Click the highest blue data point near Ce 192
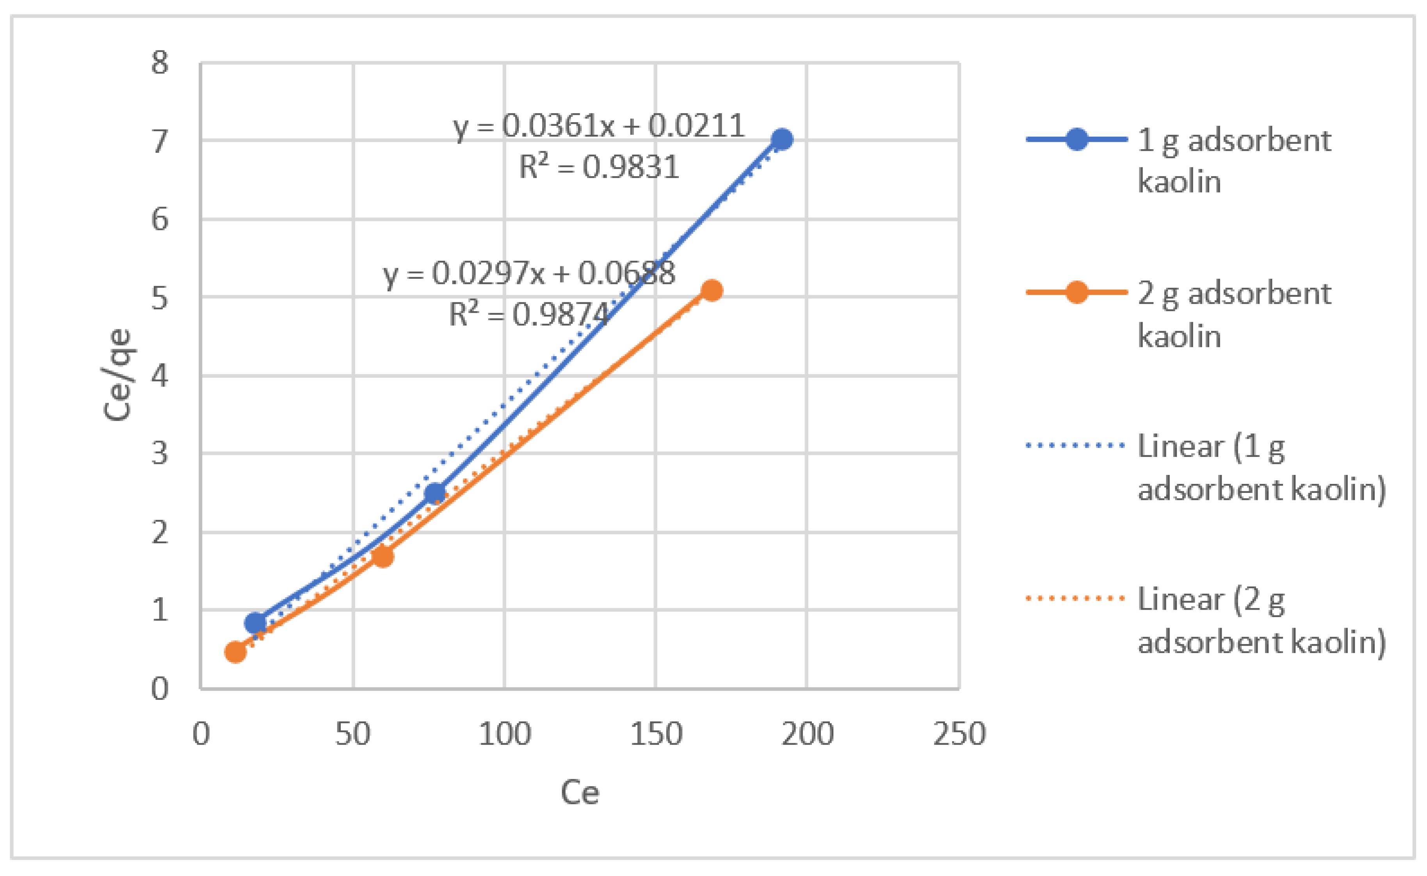(x=782, y=139)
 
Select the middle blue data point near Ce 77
(x=435, y=493)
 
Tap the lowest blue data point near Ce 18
(x=255, y=623)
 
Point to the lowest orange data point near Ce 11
(x=235, y=652)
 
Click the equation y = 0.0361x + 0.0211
(x=598, y=126)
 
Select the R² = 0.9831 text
(x=598, y=168)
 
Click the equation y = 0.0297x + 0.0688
(x=529, y=273)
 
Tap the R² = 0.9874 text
(x=529, y=315)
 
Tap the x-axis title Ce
(x=580, y=792)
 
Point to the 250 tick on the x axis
(x=959, y=734)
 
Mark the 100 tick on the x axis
(x=504, y=734)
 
